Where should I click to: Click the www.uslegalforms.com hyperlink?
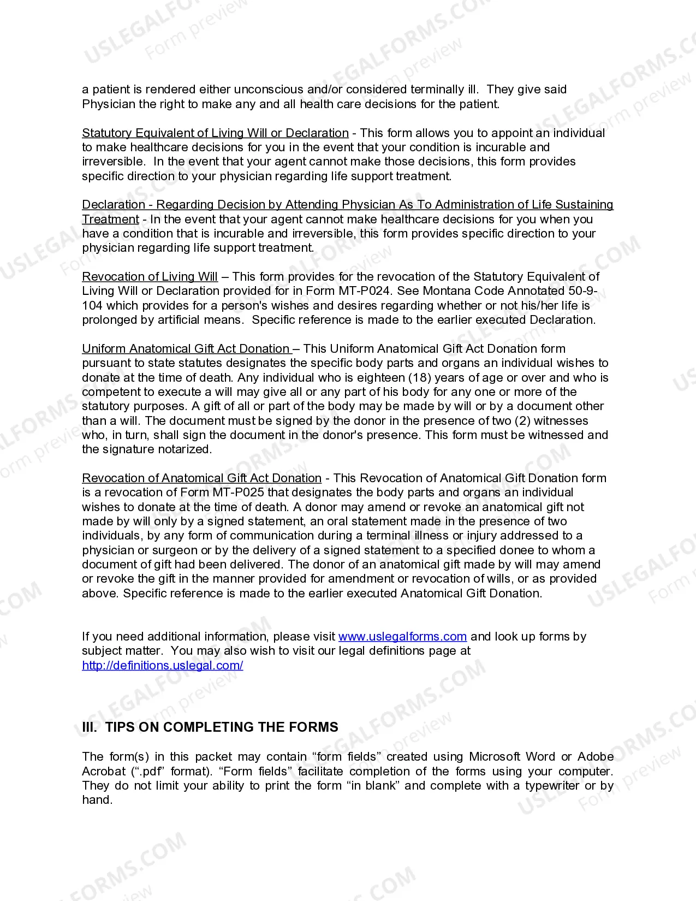pyautogui.click(x=402, y=637)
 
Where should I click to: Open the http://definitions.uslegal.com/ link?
pyautogui.click(x=162, y=666)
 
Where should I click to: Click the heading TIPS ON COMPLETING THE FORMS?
pyautogui.click(x=222, y=727)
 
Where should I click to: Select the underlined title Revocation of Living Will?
pyautogui.click(x=150, y=277)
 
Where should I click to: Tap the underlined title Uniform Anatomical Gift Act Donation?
pyautogui.click(x=187, y=349)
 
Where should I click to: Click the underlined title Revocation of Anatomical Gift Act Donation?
pyautogui.click(x=201, y=478)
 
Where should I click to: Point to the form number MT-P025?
pyautogui.click(x=238, y=493)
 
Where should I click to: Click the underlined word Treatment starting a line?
pyautogui.click(x=110, y=220)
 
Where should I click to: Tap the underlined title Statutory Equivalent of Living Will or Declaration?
pyautogui.click(x=215, y=133)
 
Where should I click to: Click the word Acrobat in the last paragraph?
pyautogui.click(x=103, y=772)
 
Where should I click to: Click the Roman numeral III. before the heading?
pyautogui.click(x=90, y=727)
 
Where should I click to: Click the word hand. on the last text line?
pyautogui.click(x=97, y=800)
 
